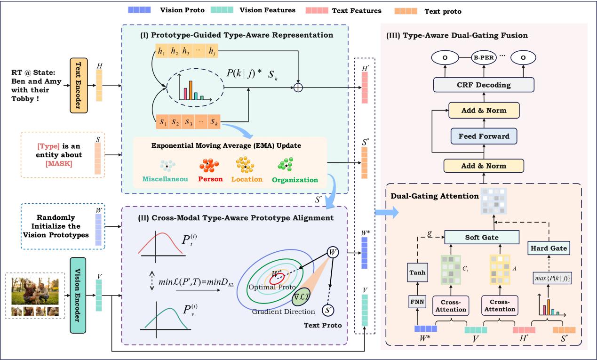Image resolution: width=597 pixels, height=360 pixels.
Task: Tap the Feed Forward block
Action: tap(483, 136)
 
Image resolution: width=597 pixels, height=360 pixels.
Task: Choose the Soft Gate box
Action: tap(482, 237)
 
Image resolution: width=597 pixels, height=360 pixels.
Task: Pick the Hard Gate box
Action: tap(549, 247)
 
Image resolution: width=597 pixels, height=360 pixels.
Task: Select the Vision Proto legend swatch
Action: tap(139, 9)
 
